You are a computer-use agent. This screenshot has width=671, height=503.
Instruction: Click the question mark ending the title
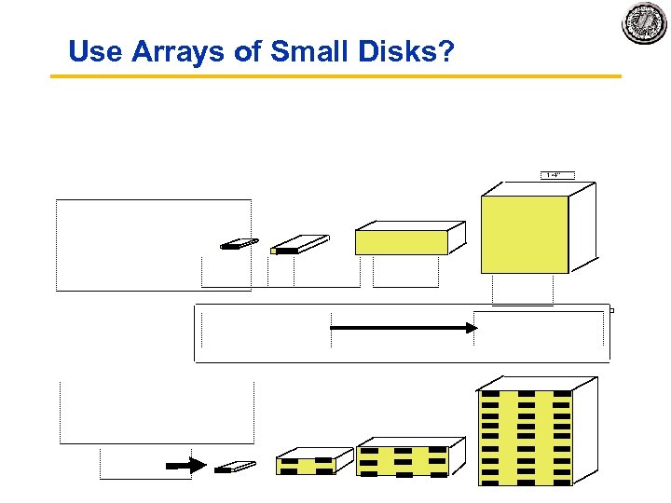pyautogui.click(x=445, y=51)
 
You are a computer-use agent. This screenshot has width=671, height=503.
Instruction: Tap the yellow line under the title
pyautogui.click(x=335, y=75)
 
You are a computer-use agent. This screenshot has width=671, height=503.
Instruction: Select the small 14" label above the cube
pyautogui.click(x=556, y=174)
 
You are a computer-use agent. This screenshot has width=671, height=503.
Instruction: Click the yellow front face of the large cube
pyautogui.click(x=524, y=234)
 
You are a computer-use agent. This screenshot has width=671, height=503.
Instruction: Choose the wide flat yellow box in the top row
pyautogui.click(x=401, y=242)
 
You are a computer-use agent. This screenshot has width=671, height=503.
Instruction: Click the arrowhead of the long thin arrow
pyautogui.click(x=471, y=328)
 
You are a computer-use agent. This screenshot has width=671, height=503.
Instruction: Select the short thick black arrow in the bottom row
pyautogui.click(x=186, y=466)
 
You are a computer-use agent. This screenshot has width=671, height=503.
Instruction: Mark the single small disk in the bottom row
pyautogui.click(x=234, y=467)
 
